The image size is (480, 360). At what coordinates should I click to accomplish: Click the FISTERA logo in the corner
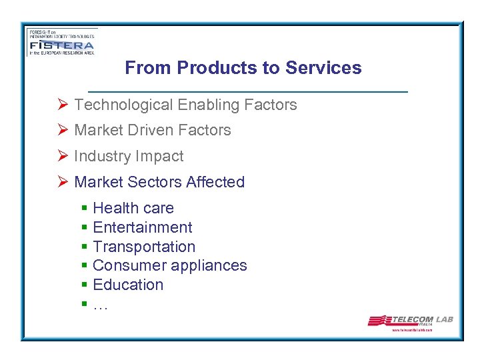click(x=61, y=42)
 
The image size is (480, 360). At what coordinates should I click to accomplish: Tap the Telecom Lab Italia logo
click(x=410, y=321)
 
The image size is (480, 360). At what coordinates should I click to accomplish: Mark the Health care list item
click(x=133, y=208)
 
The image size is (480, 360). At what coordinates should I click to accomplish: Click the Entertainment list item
click(x=143, y=227)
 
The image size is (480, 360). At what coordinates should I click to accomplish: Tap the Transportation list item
click(x=144, y=247)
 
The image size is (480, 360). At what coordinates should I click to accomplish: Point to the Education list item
click(x=128, y=285)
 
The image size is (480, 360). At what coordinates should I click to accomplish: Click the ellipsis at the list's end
click(x=100, y=306)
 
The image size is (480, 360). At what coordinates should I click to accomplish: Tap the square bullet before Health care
click(x=85, y=209)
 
